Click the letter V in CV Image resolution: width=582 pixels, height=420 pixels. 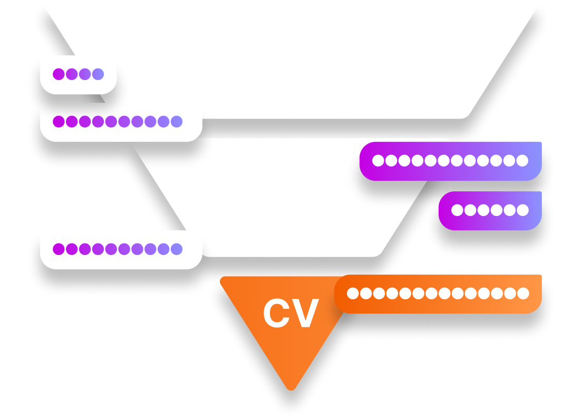[306, 314]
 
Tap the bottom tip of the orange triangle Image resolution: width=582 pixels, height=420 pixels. [290, 388]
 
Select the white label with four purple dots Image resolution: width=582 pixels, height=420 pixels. [78, 74]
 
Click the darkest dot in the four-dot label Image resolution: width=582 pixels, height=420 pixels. [59, 74]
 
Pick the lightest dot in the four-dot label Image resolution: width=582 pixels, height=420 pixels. [98, 74]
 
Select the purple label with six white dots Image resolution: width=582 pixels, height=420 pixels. [490, 210]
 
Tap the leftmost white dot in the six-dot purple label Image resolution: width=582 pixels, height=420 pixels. [457, 210]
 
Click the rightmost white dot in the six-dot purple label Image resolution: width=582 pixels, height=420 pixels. [522, 210]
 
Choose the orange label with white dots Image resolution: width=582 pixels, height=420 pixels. [438, 294]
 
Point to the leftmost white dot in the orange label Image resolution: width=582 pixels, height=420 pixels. [353, 294]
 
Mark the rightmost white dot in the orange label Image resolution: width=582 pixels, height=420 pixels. [523, 294]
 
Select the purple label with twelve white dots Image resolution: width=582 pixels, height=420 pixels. [450, 161]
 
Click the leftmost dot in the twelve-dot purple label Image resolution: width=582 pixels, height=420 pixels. [378, 161]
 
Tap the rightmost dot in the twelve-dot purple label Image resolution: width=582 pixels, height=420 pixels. [522, 161]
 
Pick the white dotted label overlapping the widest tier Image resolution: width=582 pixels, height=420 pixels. [121, 122]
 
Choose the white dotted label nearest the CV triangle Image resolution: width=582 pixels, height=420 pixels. [121, 249]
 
